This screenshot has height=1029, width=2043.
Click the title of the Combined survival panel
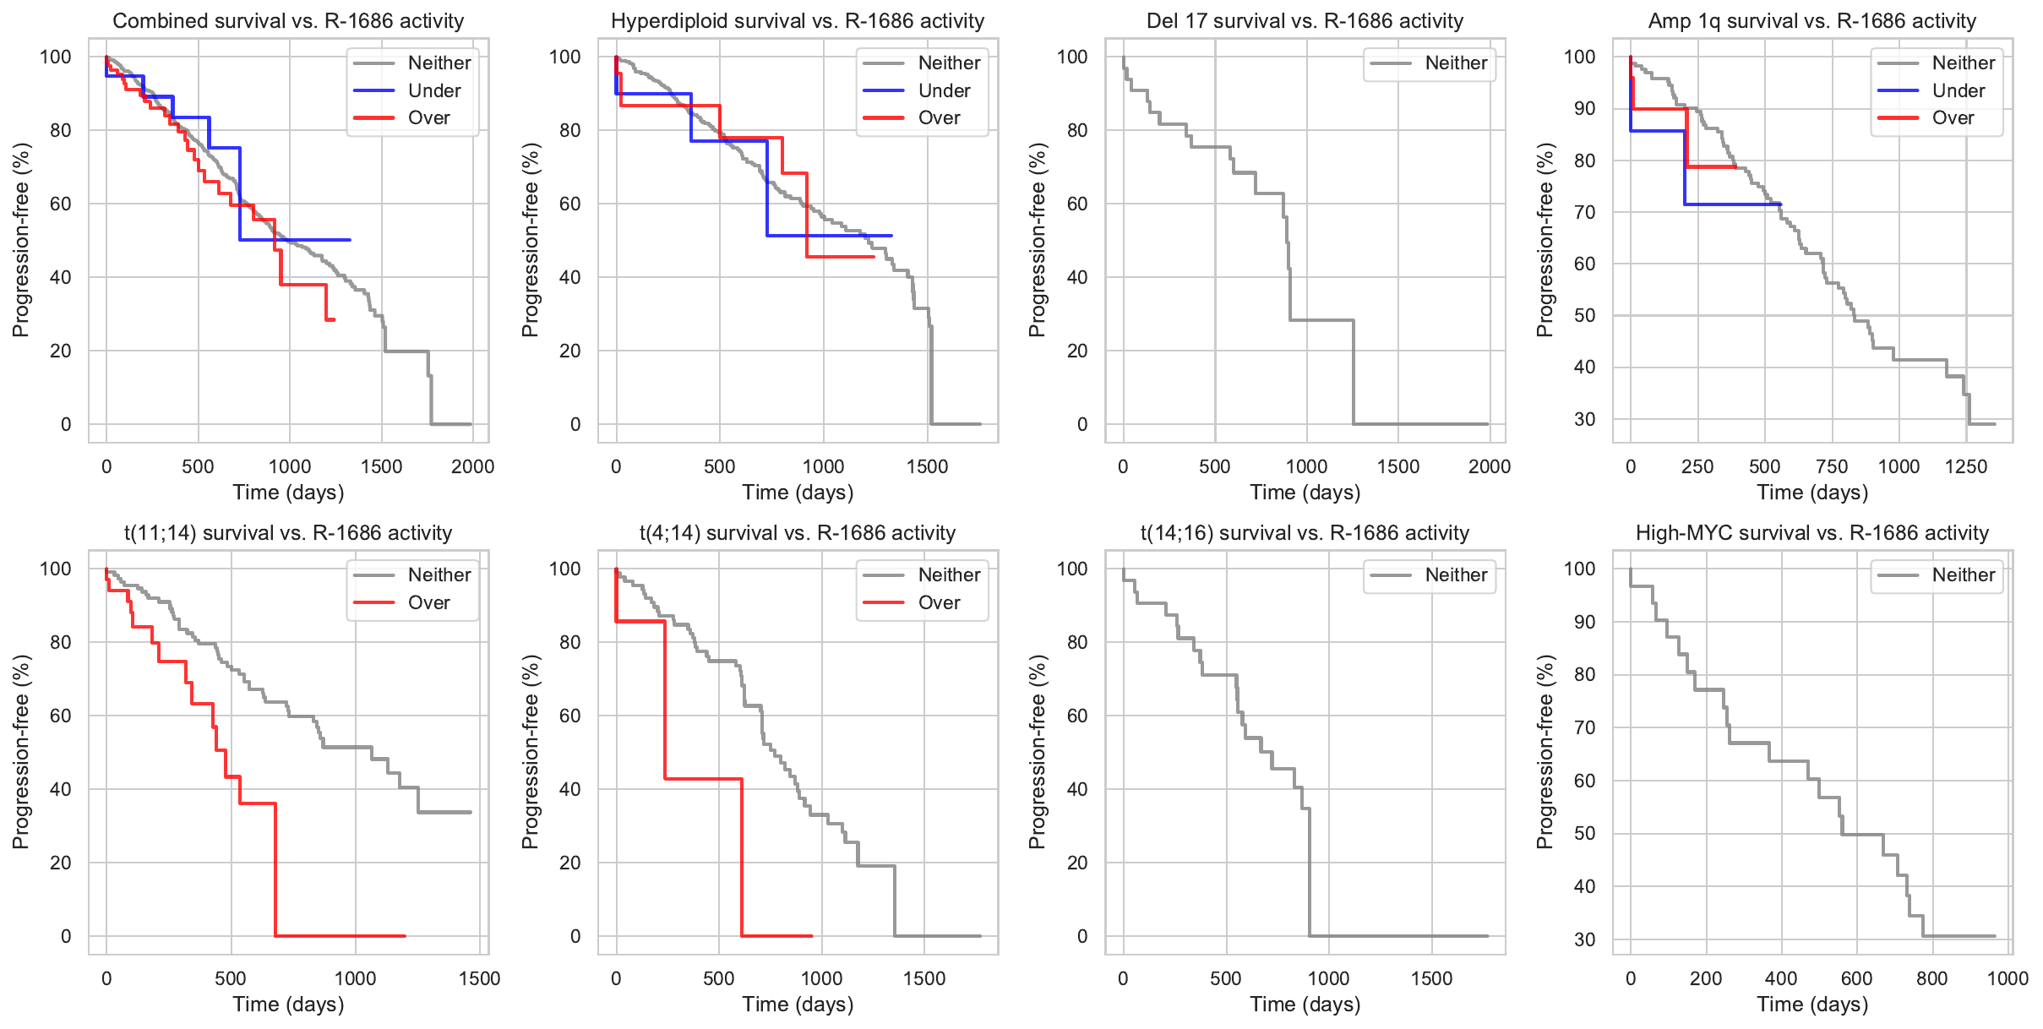[x=288, y=21]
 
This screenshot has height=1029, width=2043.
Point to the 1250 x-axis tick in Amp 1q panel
[x=1966, y=466]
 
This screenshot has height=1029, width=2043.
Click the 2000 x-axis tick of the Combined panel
[x=472, y=466]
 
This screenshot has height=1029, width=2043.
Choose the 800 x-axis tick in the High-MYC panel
[x=1932, y=978]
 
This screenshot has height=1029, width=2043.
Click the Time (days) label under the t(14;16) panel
[x=1305, y=1004]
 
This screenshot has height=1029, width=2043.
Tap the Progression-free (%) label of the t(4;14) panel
[x=530, y=751]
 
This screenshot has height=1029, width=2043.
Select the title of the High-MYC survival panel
[x=1812, y=533]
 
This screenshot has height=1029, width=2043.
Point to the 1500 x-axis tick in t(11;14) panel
[x=480, y=978]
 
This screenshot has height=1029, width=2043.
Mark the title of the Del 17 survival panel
[x=1305, y=21]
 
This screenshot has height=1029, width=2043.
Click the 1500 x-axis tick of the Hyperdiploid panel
[x=928, y=466]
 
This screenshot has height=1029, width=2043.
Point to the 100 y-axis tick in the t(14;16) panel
[x=1072, y=569]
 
